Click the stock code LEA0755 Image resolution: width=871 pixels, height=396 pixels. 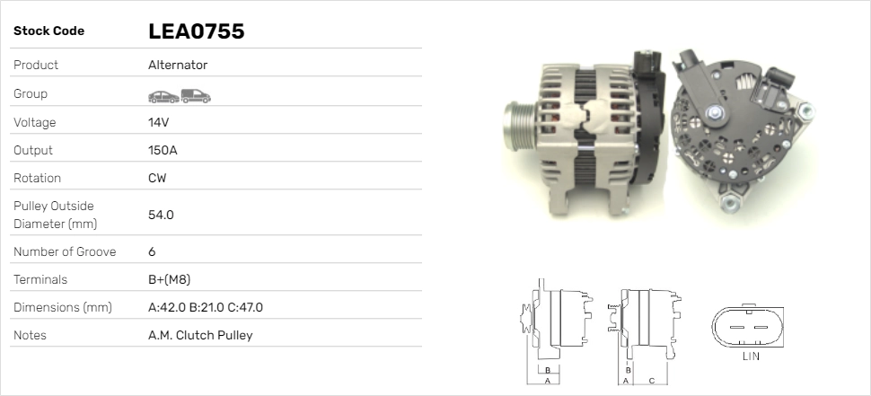tap(196, 31)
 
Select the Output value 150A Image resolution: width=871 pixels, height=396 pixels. tap(163, 150)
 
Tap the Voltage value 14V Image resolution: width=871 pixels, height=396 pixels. tap(158, 122)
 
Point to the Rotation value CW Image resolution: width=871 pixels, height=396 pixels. tap(157, 178)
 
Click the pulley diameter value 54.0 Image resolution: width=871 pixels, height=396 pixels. tap(161, 215)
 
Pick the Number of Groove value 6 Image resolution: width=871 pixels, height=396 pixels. tap(153, 251)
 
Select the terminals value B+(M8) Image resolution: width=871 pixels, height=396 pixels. tap(170, 279)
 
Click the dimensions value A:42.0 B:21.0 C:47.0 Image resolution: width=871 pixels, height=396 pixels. tap(206, 307)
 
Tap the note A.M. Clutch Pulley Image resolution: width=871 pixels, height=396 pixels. tap(200, 335)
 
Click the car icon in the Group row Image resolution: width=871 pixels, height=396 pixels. tap(163, 97)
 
